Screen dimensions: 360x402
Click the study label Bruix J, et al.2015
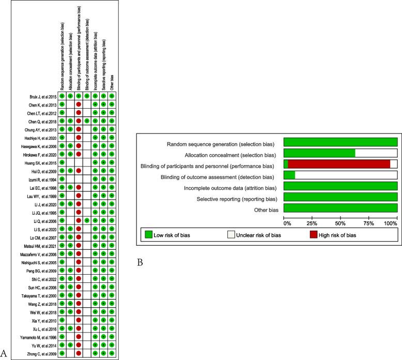[42, 96]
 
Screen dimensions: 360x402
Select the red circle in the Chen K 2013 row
[79, 104]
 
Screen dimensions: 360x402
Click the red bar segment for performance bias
[339, 164]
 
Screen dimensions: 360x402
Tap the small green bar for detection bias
[289, 175]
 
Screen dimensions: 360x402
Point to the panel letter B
[140, 263]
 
